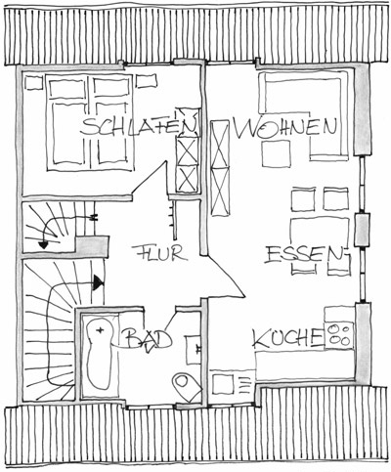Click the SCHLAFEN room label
tap(140, 127)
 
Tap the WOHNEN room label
tap(284, 128)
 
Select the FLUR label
tap(159, 253)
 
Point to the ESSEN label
tap(304, 255)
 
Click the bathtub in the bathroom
tap(99, 354)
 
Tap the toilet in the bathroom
tap(187, 387)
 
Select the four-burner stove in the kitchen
tap(339, 335)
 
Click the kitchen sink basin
tap(223, 384)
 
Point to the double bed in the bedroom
tap(90, 122)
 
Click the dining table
tap(320, 233)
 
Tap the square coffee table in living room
tap(276, 153)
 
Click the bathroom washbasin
tap(194, 350)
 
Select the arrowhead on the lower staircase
tap(98, 282)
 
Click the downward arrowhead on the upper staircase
tap(44, 244)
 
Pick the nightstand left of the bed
tap(34, 83)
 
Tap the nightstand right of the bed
tap(147, 81)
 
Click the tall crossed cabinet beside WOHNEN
tap(220, 168)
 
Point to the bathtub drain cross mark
tap(101, 330)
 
